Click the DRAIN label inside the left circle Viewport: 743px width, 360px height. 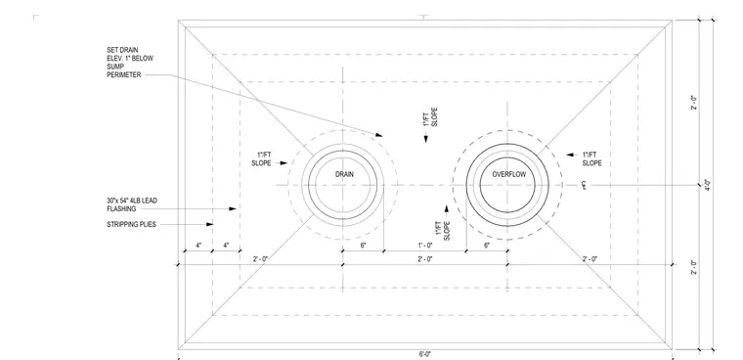click(x=344, y=174)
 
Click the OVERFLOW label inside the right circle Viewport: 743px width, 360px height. click(x=509, y=174)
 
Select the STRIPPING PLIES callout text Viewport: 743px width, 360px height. click(x=131, y=224)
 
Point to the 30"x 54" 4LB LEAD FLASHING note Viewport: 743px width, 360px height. click(x=132, y=204)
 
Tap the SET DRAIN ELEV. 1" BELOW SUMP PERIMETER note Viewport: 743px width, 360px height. click(x=130, y=63)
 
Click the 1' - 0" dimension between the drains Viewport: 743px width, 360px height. click(x=425, y=246)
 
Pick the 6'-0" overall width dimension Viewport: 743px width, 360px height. click(x=425, y=354)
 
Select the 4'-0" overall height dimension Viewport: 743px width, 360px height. click(x=707, y=184)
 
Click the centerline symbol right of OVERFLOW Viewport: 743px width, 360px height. click(x=585, y=185)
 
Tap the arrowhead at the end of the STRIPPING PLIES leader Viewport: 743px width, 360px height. click(x=210, y=224)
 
